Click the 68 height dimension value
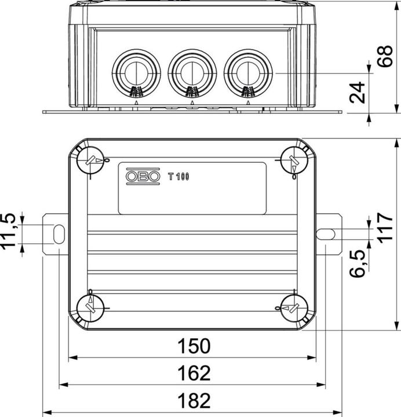click(385, 56)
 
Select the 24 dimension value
click(357, 93)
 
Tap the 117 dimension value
click(385, 228)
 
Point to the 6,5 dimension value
click(358, 264)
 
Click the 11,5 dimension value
click(9, 231)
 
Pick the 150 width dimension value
click(194, 346)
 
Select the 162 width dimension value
click(194, 373)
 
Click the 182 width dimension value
click(194, 401)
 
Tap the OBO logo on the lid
click(143, 176)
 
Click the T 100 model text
click(178, 176)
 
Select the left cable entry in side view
click(136, 73)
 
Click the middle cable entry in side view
click(192, 73)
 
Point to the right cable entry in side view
click(248, 73)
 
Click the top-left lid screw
click(90, 160)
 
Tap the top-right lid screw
click(294, 160)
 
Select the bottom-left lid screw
click(90, 309)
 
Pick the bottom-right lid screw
click(294, 309)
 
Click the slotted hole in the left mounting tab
click(59, 234)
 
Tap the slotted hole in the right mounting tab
click(326, 234)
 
